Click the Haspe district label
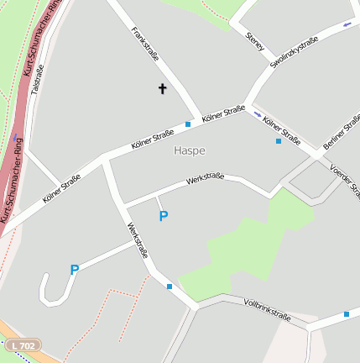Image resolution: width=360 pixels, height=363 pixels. [x=189, y=150]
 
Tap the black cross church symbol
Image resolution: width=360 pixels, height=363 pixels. [x=163, y=88]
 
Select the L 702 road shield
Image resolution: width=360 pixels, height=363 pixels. [x=23, y=345]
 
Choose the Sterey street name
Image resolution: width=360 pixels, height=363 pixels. [x=254, y=41]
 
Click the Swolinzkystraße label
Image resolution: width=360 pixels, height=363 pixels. [x=294, y=51]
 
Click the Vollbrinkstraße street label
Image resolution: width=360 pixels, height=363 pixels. [x=267, y=309]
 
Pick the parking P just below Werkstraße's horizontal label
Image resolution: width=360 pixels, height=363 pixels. [x=164, y=217]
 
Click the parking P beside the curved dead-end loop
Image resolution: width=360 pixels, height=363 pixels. [x=75, y=271]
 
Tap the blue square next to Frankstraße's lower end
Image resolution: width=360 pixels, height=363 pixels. [x=188, y=124]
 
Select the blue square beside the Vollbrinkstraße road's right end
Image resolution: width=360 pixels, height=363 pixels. [x=346, y=314]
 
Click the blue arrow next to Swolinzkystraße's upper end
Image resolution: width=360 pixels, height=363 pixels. [x=347, y=24]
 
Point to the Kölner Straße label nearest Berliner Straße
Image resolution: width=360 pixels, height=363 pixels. [x=282, y=130]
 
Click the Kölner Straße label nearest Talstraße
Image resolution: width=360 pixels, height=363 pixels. [x=61, y=189]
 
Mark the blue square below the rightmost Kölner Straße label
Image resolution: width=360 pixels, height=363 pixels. [x=279, y=141]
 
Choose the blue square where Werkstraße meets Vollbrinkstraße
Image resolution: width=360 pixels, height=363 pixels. [x=170, y=287]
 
